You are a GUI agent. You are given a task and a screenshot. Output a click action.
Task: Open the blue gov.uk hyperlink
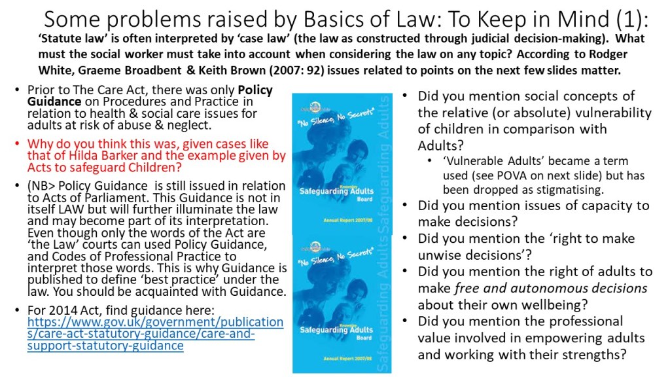tap(154, 334)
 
